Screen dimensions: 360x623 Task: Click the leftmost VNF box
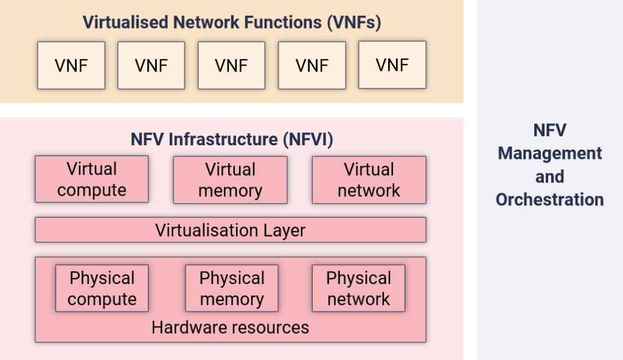tap(71, 65)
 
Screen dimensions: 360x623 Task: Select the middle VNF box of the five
tap(231, 65)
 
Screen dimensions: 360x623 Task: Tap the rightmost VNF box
tap(392, 65)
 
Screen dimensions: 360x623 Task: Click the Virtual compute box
tap(91, 179)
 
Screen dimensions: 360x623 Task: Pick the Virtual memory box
tap(230, 180)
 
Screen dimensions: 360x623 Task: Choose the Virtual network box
tap(369, 180)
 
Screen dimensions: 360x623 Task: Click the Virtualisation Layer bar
tap(230, 230)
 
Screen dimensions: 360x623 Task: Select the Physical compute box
tap(102, 289)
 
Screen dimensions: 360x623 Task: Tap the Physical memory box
tap(231, 289)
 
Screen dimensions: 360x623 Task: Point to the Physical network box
tap(358, 289)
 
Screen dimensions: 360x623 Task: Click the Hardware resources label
tap(230, 328)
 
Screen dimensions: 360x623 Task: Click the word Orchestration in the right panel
tap(549, 199)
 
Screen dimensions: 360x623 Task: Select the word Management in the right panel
tap(549, 153)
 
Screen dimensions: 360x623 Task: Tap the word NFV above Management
tap(549, 130)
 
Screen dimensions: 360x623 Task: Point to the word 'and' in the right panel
tap(549, 176)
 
